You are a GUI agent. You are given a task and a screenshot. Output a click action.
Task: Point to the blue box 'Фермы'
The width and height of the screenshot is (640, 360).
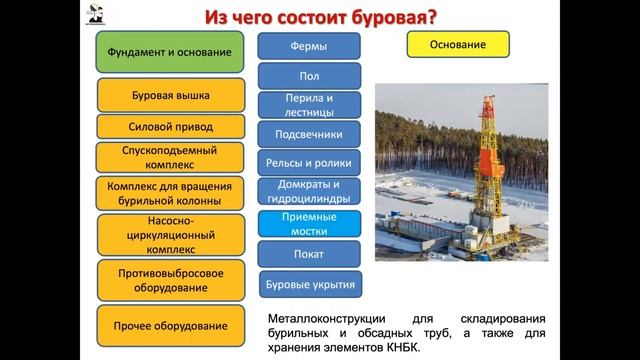[x=310, y=46]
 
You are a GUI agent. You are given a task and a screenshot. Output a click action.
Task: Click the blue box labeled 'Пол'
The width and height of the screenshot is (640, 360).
[x=310, y=75]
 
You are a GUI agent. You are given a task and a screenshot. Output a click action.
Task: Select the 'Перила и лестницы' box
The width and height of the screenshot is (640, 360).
[x=310, y=105]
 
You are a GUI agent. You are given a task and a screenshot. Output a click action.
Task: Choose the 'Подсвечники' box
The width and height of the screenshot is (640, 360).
[x=310, y=134]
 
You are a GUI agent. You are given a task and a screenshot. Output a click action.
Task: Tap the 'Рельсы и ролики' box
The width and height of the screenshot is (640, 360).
[x=310, y=162]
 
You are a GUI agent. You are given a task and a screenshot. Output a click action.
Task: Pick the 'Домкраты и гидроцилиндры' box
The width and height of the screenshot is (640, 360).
[x=310, y=191]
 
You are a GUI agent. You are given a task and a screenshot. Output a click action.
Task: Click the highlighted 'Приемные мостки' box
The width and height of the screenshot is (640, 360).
[x=310, y=223]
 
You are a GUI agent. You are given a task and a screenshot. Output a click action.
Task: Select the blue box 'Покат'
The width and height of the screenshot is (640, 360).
[x=310, y=254]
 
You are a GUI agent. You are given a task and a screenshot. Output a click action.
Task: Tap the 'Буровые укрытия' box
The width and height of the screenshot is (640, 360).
[x=310, y=284]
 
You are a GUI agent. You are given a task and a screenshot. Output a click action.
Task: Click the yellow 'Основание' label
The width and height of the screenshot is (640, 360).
[x=458, y=45]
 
